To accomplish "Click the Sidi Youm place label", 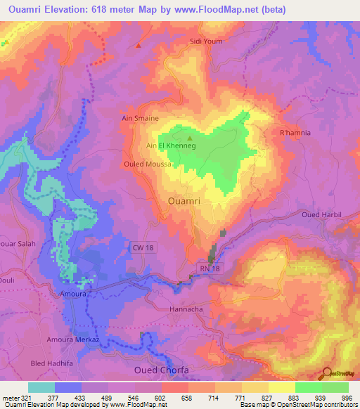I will pyautogui.click(x=206, y=41).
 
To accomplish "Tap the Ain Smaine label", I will pyautogui.click(x=140, y=119).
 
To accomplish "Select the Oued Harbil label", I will pyautogui.click(x=321, y=214).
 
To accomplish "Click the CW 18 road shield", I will pyautogui.click(x=141, y=245).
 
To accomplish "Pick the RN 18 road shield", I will pyautogui.click(x=204, y=268).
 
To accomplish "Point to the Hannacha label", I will pyautogui.click(x=186, y=309).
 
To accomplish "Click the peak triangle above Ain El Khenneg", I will pyautogui.click(x=188, y=138).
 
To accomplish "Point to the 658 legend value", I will pyautogui.click(x=186, y=398).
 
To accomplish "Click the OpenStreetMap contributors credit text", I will pyautogui.click(x=316, y=405).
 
